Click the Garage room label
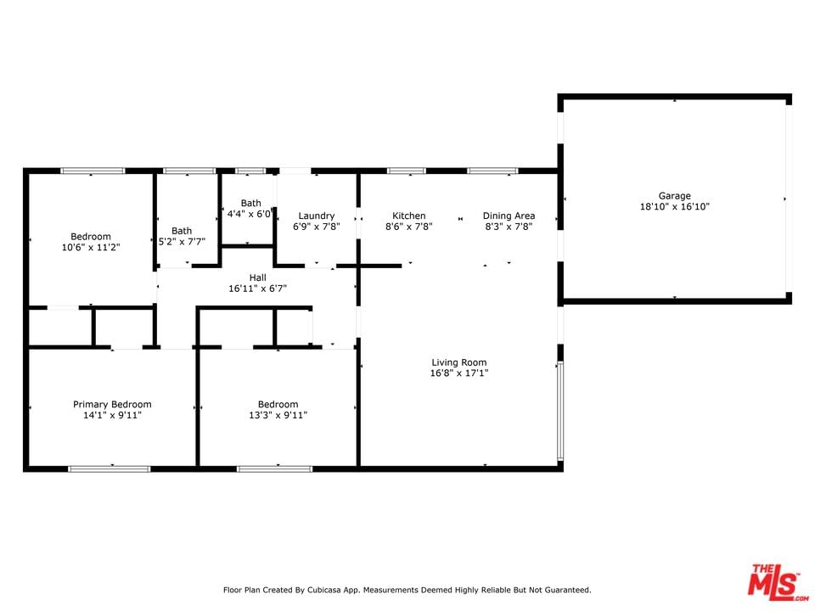[675, 196]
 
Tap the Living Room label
[459, 362]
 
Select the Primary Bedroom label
[112, 404]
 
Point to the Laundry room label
[317, 216]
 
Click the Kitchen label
[409, 216]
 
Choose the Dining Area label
[509, 216]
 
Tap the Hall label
[258, 277]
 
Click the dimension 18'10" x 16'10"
[675, 207]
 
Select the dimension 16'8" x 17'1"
[459, 373]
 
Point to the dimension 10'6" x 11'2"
[91, 247]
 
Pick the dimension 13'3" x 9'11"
[278, 415]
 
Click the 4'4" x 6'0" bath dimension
[250, 214]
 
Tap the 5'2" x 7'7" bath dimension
[182, 242]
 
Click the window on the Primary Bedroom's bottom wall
[110, 469]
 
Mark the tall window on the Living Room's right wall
[560, 411]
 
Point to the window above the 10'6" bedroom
[93, 171]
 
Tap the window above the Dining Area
[492, 171]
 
